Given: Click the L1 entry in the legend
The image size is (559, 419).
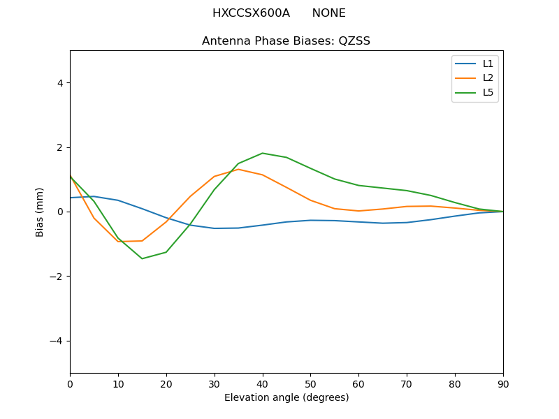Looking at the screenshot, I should point(488,64).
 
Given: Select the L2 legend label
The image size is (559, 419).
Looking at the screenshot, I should point(488,78).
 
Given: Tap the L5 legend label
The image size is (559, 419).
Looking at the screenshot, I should point(488,92).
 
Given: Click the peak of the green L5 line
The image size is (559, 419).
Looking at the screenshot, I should point(262,153).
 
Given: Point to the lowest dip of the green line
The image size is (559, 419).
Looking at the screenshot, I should point(142,258).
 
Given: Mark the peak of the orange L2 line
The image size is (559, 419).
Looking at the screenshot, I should point(238,169).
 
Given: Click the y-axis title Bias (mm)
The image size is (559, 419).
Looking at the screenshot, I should point(40,212).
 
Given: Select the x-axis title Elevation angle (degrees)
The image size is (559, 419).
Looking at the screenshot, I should point(286,397).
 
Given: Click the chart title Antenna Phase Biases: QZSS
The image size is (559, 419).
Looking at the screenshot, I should point(286,41).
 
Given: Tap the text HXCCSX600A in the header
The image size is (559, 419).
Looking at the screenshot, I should point(251,13).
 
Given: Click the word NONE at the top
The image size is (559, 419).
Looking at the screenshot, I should point(328,13).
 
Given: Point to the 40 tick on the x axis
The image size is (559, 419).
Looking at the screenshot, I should point(262,383).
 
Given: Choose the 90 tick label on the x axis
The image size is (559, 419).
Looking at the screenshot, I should point(503,383).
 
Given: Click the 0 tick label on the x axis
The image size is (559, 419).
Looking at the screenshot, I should point(70,383).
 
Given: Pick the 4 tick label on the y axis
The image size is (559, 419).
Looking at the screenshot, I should point(59,82).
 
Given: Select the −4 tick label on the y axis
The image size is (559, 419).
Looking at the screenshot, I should point(57,341).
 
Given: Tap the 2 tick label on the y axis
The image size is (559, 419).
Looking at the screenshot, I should point(59,147).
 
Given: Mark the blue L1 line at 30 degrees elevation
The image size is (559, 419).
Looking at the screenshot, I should point(215,228).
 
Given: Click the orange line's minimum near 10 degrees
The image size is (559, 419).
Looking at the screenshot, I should point(118,242).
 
